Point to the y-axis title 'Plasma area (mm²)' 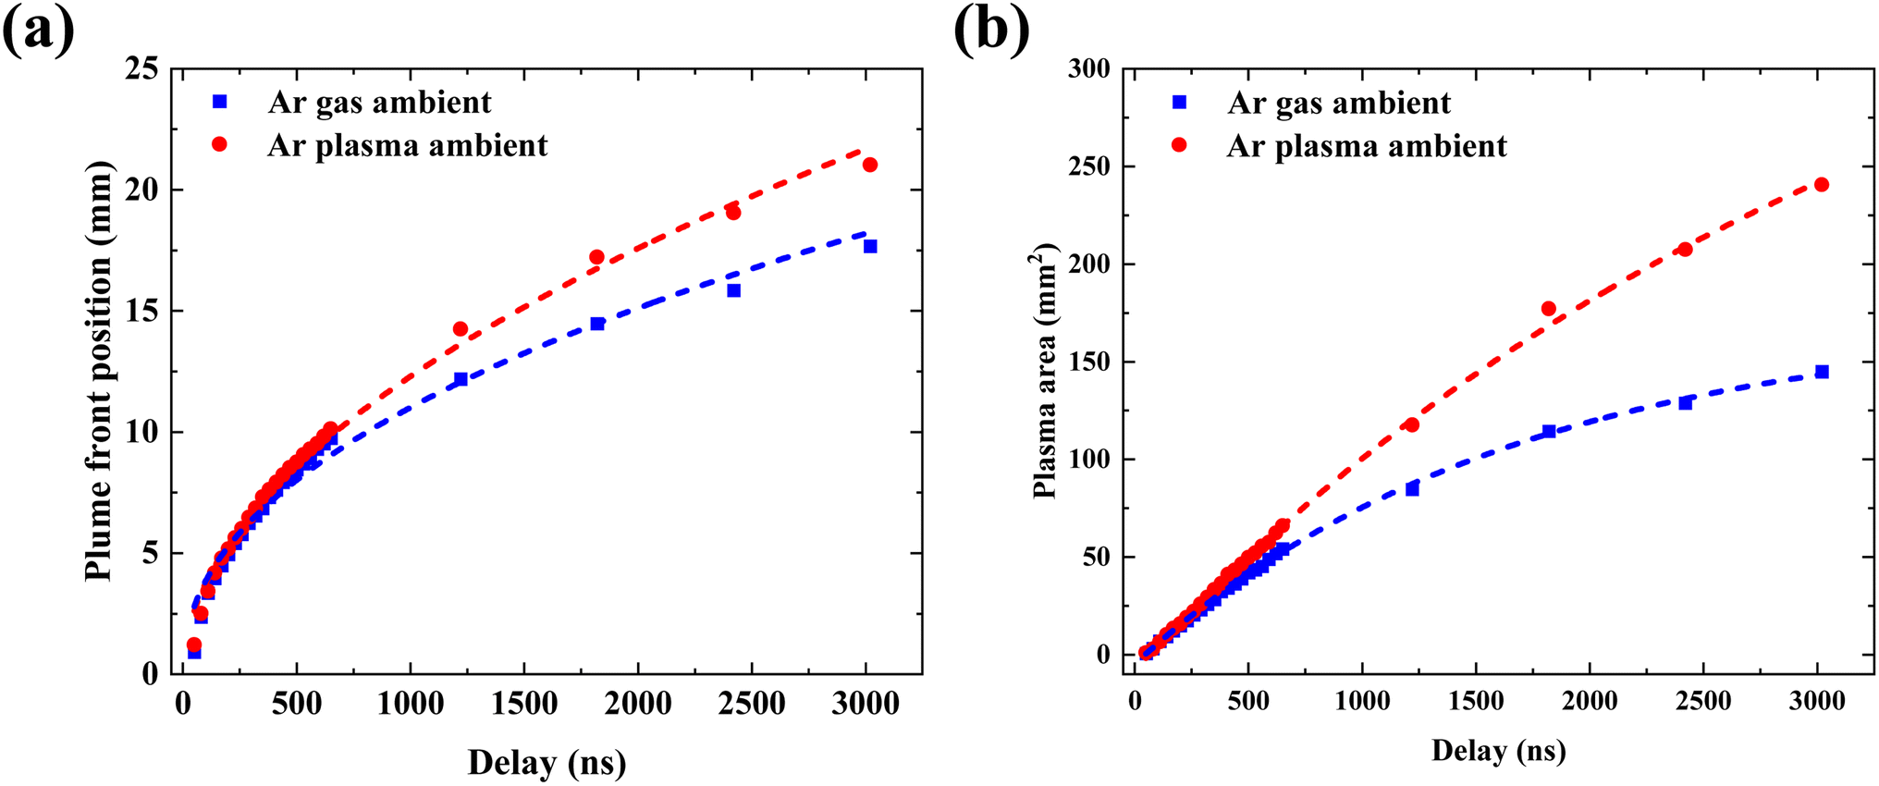pyautogui.click(x=1044, y=371)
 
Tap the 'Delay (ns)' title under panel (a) pyautogui.click(x=547, y=763)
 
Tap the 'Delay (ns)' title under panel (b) pyautogui.click(x=1499, y=750)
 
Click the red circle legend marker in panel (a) pyautogui.click(x=220, y=145)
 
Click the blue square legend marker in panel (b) pyautogui.click(x=1179, y=103)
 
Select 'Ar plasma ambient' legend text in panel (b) pyautogui.click(x=1367, y=146)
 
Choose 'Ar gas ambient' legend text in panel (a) pyautogui.click(x=380, y=102)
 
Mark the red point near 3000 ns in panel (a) pyautogui.click(x=870, y=165)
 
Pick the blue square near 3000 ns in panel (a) pyautogui.click(x=870, y=246)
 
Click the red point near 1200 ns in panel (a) pyautogui.click(x=461, y=329)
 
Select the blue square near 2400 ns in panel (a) pyautogui.click(x=733, y=290)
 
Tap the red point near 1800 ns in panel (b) pyautogui.click(x=1549, y=309)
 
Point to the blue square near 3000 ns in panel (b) pyautogui.click(x=1822, y=372)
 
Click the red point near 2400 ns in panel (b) pyautogui.click(x=1685, y=250)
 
